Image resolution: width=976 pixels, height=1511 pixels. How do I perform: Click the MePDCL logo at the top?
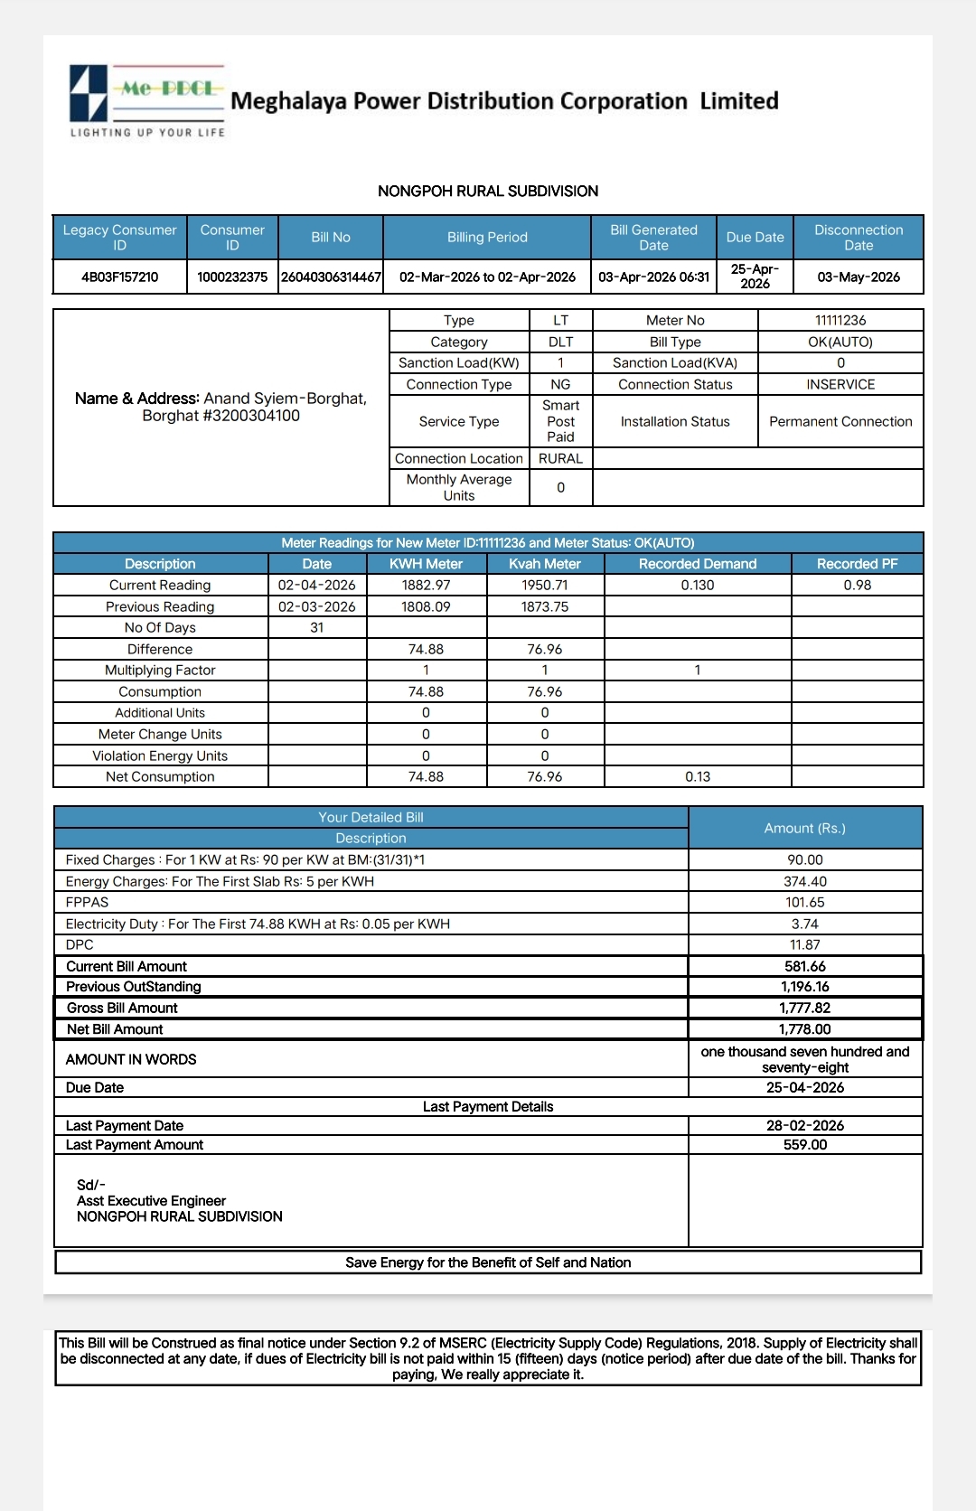click(147, 100)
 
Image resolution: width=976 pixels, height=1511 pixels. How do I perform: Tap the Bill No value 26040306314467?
click(331, 277)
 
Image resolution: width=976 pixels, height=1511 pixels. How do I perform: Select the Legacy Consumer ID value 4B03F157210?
click(119, 277)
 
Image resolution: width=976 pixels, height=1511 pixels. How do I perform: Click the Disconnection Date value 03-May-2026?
click(859, 277)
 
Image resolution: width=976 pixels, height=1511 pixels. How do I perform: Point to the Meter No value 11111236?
click(840, 320)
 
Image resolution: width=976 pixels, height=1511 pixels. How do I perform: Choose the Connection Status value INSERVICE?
click(840, 384)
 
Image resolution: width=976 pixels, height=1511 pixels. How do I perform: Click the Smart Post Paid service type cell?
click(560, 421)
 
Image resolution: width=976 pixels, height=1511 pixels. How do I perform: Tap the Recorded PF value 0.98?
click(857, 585)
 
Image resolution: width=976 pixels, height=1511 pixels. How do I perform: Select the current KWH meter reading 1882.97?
click(426, 585)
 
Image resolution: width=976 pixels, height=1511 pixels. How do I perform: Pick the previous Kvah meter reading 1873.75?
click(545, 606)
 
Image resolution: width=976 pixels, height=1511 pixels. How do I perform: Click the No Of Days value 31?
click(316, 627)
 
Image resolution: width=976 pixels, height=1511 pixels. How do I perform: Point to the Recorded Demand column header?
click(697, 564)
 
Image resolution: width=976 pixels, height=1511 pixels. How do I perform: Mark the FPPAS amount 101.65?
click(804, 902)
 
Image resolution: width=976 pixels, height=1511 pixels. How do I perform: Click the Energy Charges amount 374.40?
click(804, 881)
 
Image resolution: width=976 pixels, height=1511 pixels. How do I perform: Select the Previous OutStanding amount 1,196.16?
click(804, 987)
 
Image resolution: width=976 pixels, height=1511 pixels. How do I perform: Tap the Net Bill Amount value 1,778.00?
click(804, 1029)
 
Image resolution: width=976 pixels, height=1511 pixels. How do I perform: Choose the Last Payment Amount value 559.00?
click(804, 1145)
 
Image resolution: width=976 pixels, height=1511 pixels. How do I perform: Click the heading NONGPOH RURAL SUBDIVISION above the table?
click(488, 191)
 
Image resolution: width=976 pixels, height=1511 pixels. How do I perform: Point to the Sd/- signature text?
click(91, 1185)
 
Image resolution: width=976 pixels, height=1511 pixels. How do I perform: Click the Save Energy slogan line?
click(488, 1262)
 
